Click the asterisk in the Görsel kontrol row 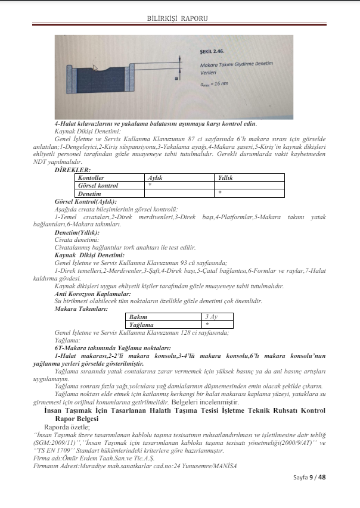pos(149,185)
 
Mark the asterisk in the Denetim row pos(220,193)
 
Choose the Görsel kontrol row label pos(98,185)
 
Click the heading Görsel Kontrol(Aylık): pos(85,201)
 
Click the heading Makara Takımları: pos(80,309)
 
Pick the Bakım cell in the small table pos(138,317)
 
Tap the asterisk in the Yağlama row pos(207,325)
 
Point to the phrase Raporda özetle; pos(67,426)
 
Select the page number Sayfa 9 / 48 pos(309,477)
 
